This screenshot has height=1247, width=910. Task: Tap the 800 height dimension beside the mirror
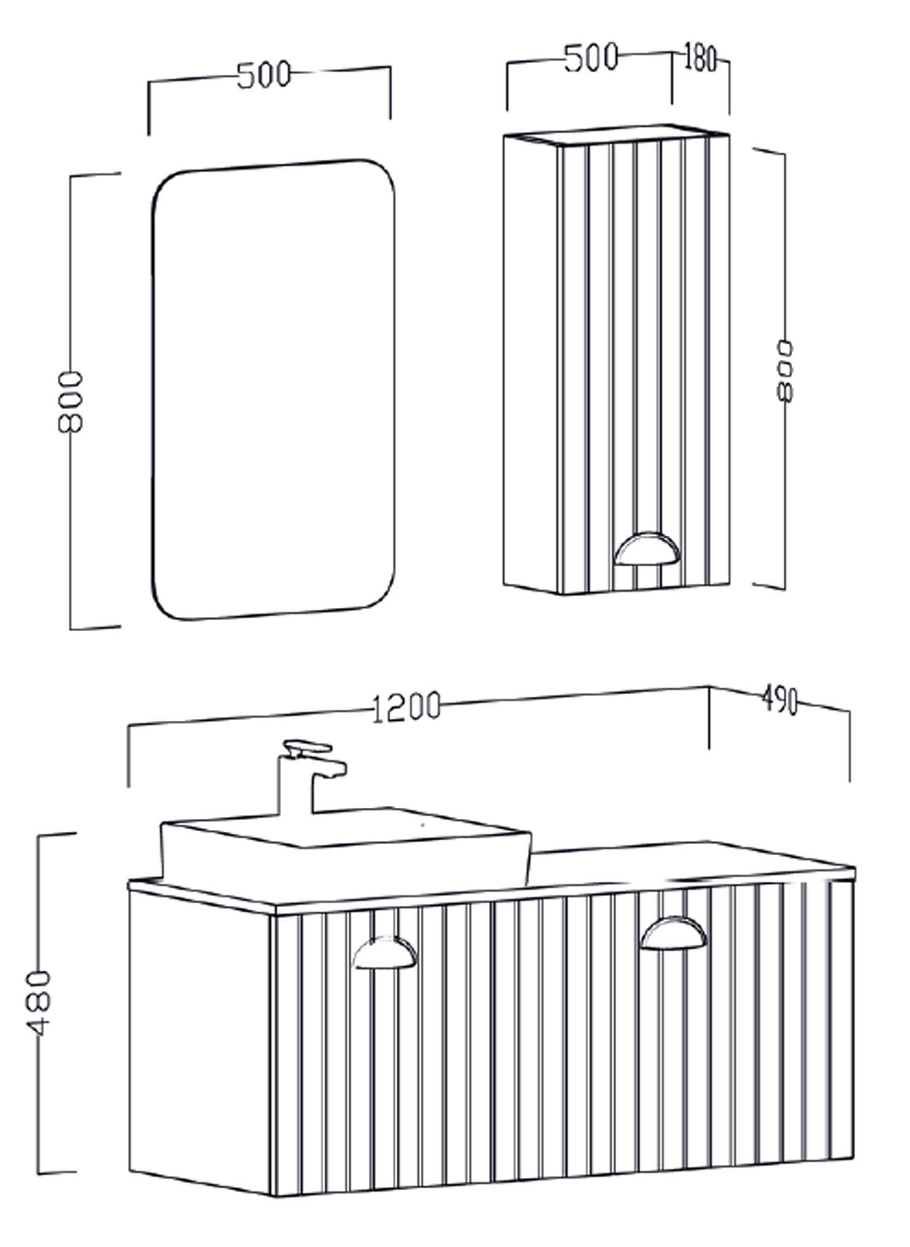(x=70, y=402)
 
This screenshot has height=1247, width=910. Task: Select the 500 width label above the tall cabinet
(x=590, y=59)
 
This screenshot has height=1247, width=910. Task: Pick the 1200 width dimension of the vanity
(x=406, y=707)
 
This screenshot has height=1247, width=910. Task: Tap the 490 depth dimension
(x=779, y=700)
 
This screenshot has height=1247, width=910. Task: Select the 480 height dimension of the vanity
(x=40, y=1003)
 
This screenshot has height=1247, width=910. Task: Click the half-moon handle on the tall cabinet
(x=647, y=548)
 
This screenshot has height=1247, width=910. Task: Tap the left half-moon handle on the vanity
(x=385, y=953)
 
